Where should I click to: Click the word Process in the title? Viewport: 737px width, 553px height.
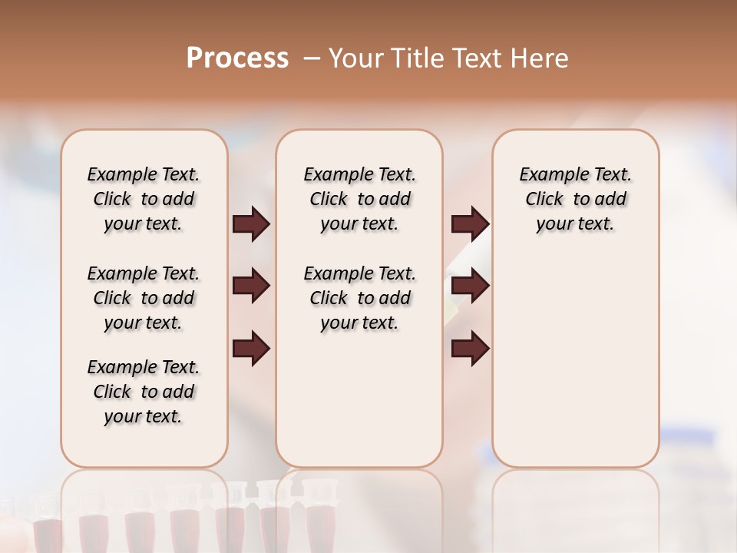(x=237, y=58)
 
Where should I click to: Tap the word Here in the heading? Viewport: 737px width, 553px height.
(x=540, y=58)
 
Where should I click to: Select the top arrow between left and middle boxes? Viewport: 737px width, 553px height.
(x=251, y=224)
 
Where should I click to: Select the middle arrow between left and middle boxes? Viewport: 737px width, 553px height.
(x=251, y=286)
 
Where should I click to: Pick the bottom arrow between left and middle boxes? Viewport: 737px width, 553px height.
(x=251, y=349)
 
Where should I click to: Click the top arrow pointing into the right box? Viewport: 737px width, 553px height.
(x=470, y=224)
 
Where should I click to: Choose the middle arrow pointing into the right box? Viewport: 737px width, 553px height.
(x=470, y=286)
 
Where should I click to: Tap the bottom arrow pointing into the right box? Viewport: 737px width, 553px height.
(x=470, y=349)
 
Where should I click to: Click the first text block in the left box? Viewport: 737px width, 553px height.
(x=144, y=199)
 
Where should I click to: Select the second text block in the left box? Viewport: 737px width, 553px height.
(x=144, y=298)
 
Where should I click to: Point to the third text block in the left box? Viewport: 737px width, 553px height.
(x=144, y=392)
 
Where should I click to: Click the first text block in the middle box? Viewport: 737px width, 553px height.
(x=359, y=199)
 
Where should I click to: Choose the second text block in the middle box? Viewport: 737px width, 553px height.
(x=359, y=298)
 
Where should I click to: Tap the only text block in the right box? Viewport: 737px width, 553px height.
(x=575, y=199)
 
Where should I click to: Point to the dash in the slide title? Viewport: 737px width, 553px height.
(x=312, y=58)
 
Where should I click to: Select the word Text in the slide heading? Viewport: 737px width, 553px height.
(x=480, y=58)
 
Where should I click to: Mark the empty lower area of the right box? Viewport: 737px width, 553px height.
(x=575, y=369)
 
